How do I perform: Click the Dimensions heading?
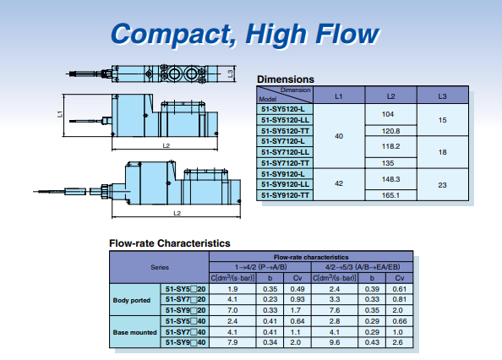pyautogui.click(x=286, y=79)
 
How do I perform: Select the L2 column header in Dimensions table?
pyautogui.click(x=390, y=96)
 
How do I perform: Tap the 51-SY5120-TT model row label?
pyautogui.click(x=285, y=131)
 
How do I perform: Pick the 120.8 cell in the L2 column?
pyautogui.click(x=390, y=131)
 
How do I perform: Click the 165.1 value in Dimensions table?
pyautogui.click(x=390, y=195)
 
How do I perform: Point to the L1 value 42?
pyautogui.click(x=339, y=183)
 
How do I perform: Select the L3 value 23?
pyautogui.click(x=442, y=185)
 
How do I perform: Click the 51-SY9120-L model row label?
pyautogui.click(x=283, y=174)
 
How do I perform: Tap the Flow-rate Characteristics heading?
pyautogui.click(x=170, y=243)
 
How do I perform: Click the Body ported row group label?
pyautogui.click(x=132, y=301)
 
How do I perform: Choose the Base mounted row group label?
pyautogui.click(x=134, y=332)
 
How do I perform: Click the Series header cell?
pyautogui.click(x=160, y=267)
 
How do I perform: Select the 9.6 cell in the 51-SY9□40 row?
pyautogui.click(x=335, y=342)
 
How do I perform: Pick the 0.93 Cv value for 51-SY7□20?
pyautogui.click(x=297, y=299)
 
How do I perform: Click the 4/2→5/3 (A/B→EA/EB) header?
pyautogui.click(x=363, y=267)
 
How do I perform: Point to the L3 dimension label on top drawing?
pyautogui.click(x=230, y=74)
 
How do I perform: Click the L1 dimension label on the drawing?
pyautogui.click(x=60, y=114)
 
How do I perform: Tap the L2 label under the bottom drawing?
pyautogui.click(x=177, y=213)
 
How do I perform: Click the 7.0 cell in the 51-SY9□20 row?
pyautogui.click(x=232, y=310)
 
